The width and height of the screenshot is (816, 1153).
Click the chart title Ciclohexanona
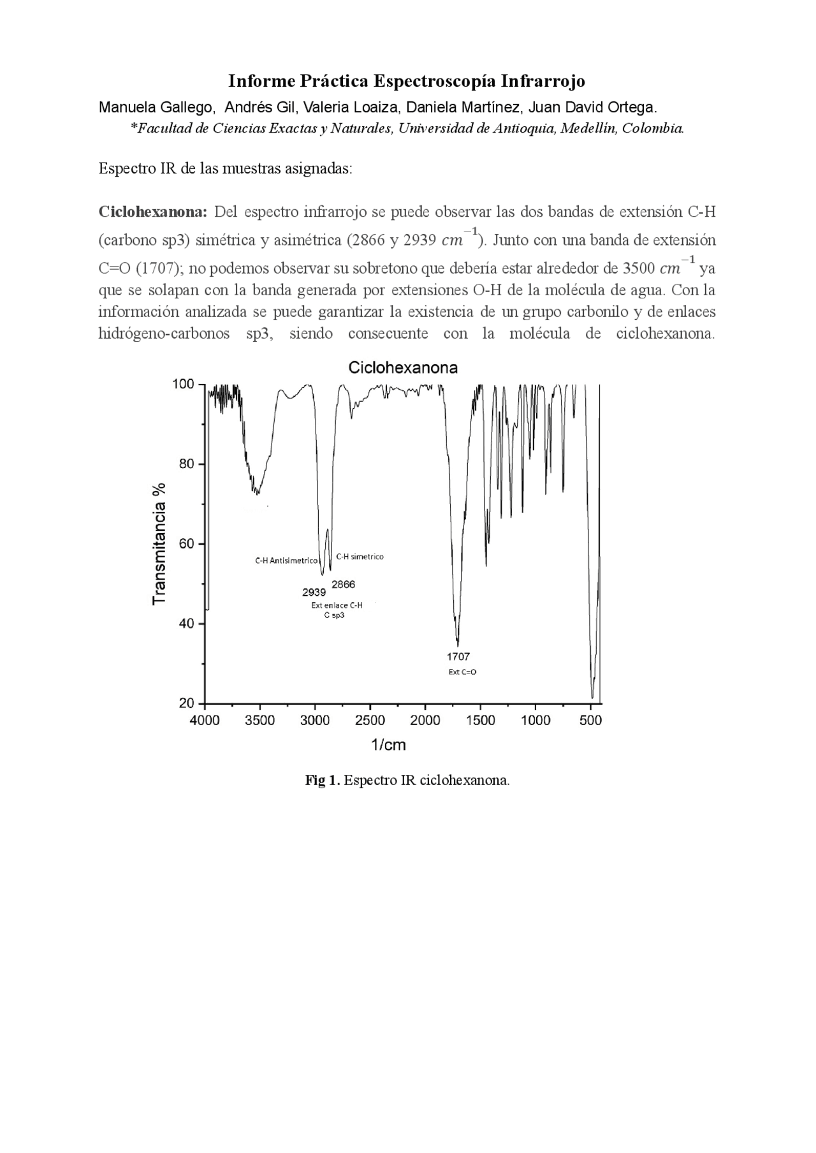coord(402,368)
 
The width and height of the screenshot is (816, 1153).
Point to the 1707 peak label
coord(458,656)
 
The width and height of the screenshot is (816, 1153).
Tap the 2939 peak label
coord(314,592)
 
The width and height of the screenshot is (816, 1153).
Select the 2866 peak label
coord(344,584)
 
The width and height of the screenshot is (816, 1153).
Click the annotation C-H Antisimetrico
coord(286,561)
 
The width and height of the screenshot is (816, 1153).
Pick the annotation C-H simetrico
coord(360,557)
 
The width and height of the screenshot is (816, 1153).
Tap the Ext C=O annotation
coord(462,672)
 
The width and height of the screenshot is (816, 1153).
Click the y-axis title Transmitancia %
coord(159,543)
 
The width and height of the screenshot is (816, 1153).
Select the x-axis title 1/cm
coord(388,745)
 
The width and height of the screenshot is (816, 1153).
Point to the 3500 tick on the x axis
coord(259,721)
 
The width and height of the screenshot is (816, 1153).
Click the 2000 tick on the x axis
coord(425,721)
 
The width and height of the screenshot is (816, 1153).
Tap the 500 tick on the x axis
coord(591,721)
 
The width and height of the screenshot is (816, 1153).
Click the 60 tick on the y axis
coord(186,544)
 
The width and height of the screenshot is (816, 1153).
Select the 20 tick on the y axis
coord(186,703)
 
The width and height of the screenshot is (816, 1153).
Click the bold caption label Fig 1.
coord(323,781)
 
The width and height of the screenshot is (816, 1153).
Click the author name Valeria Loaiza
coord(352,107)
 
